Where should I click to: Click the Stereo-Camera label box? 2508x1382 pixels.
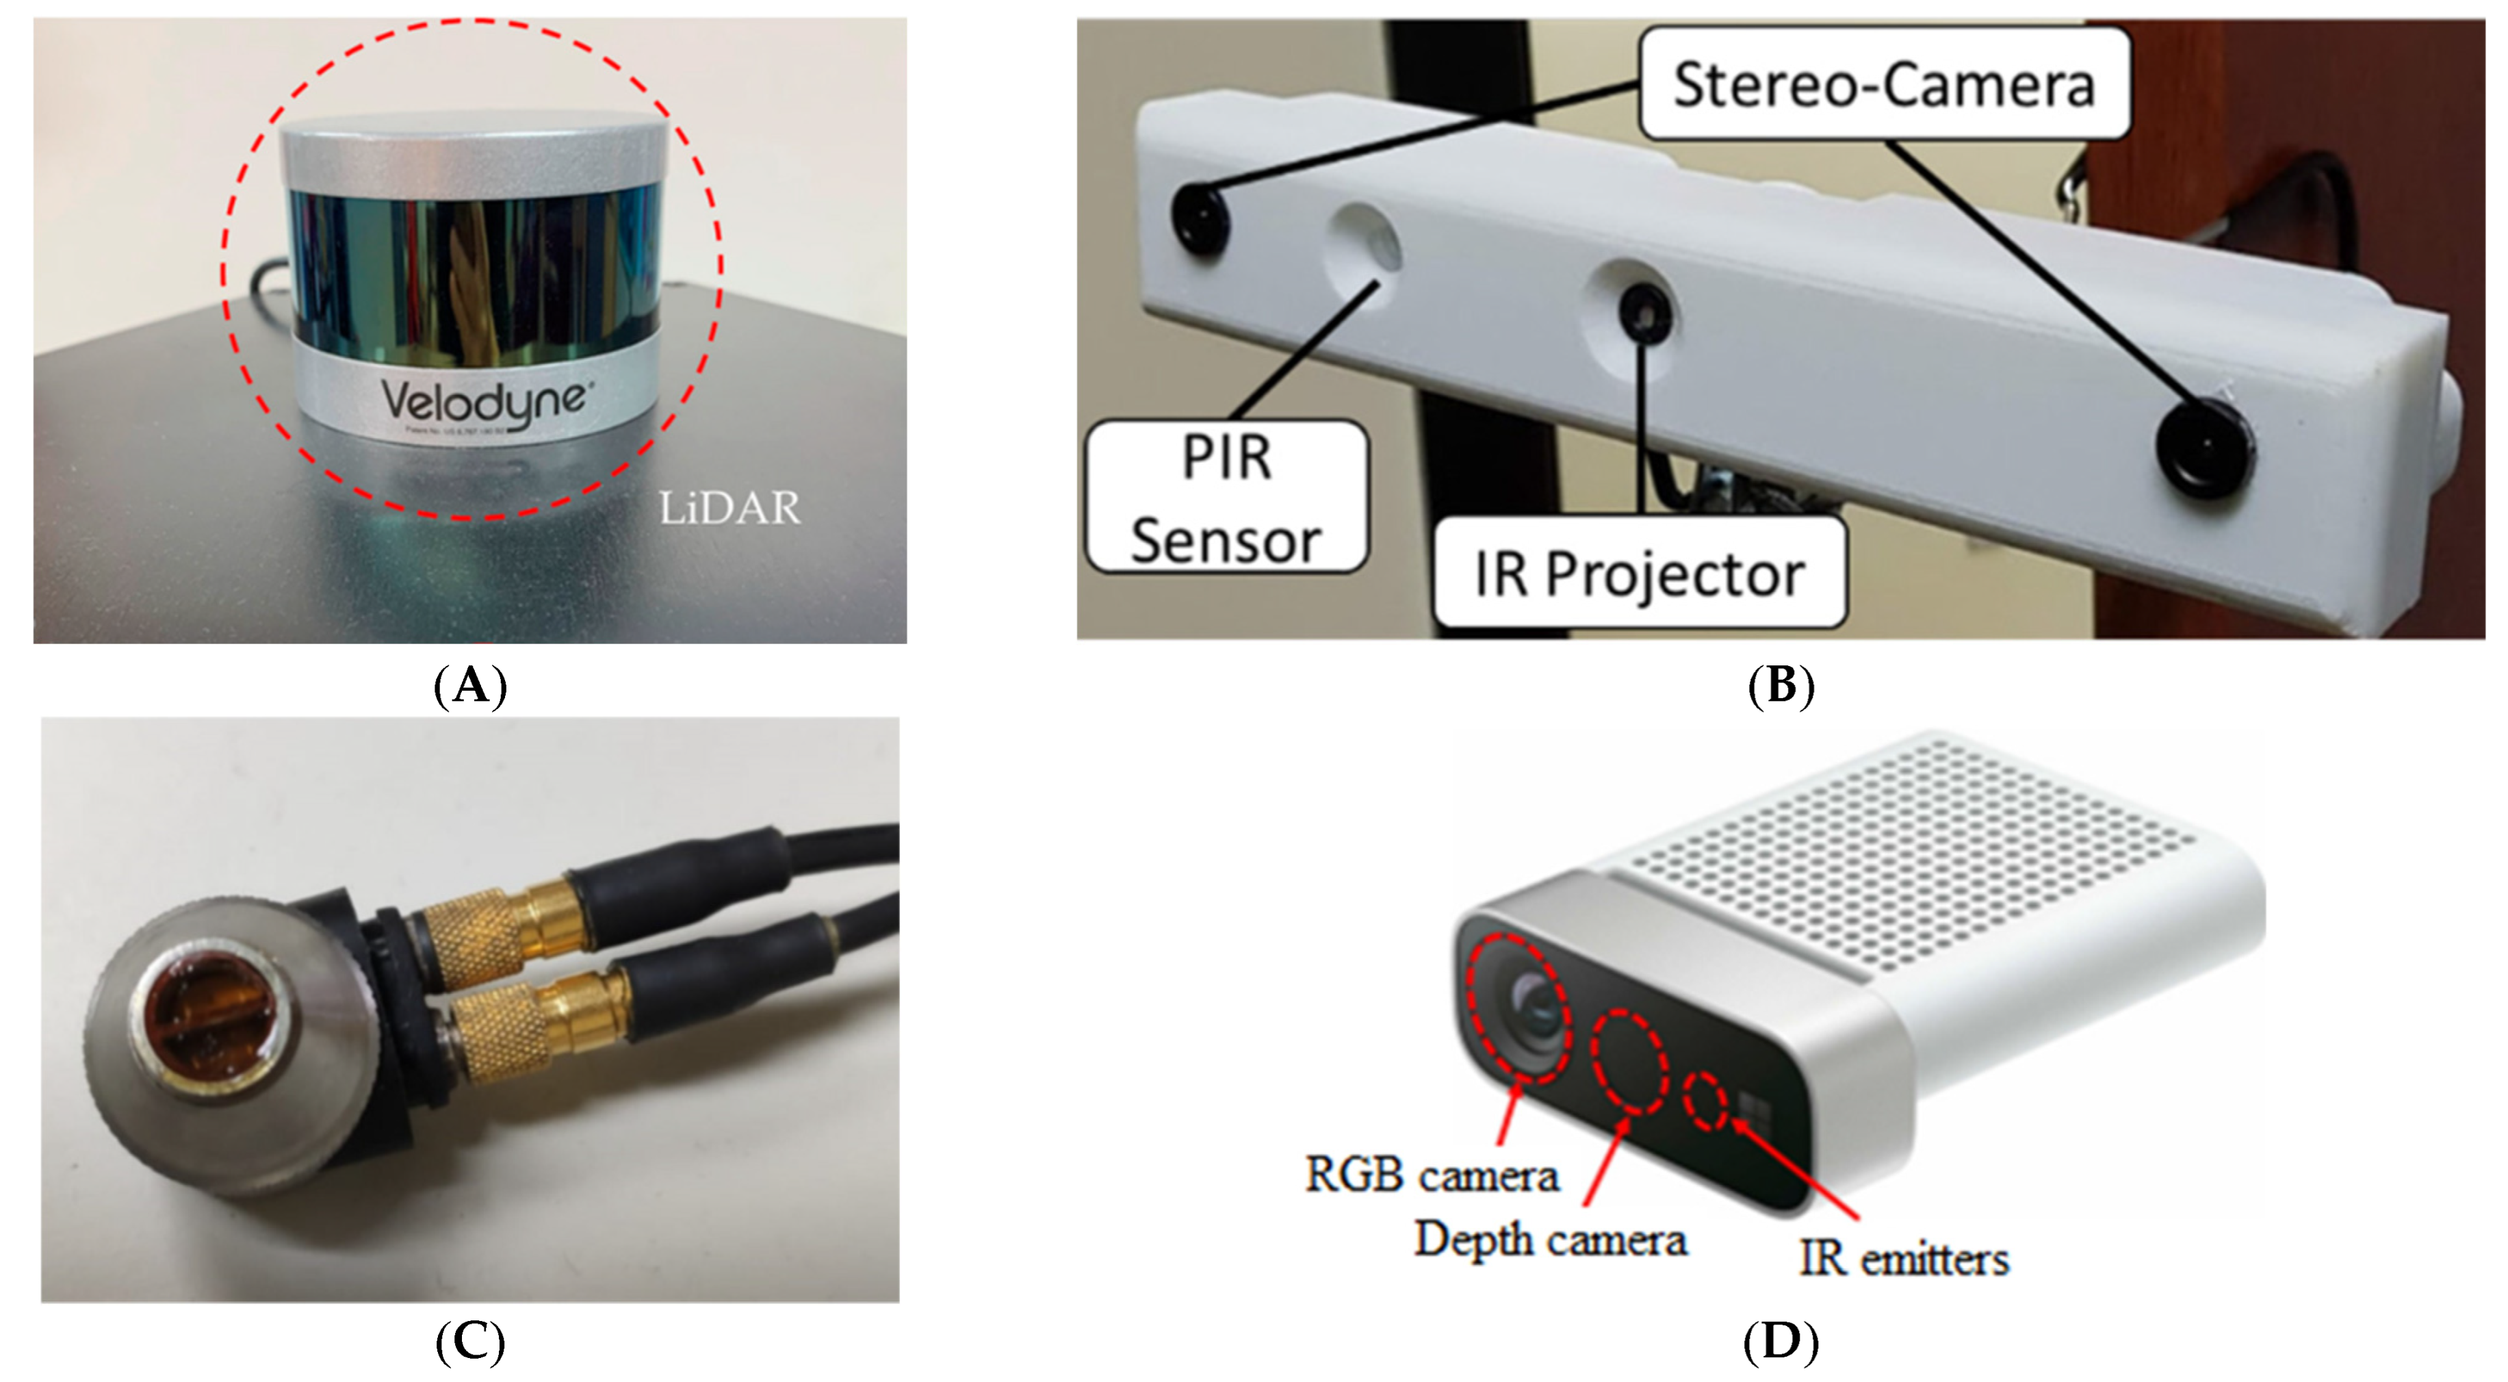1884,84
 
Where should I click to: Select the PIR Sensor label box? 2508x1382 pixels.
1226,498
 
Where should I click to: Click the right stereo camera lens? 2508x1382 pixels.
2206,449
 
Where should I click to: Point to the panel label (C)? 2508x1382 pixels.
470,1342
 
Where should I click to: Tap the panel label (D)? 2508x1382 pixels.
1781,1342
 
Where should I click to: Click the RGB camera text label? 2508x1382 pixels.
1431,1175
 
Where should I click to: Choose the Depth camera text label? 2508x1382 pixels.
1550,1240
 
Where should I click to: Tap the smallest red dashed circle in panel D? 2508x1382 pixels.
1707,1101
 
